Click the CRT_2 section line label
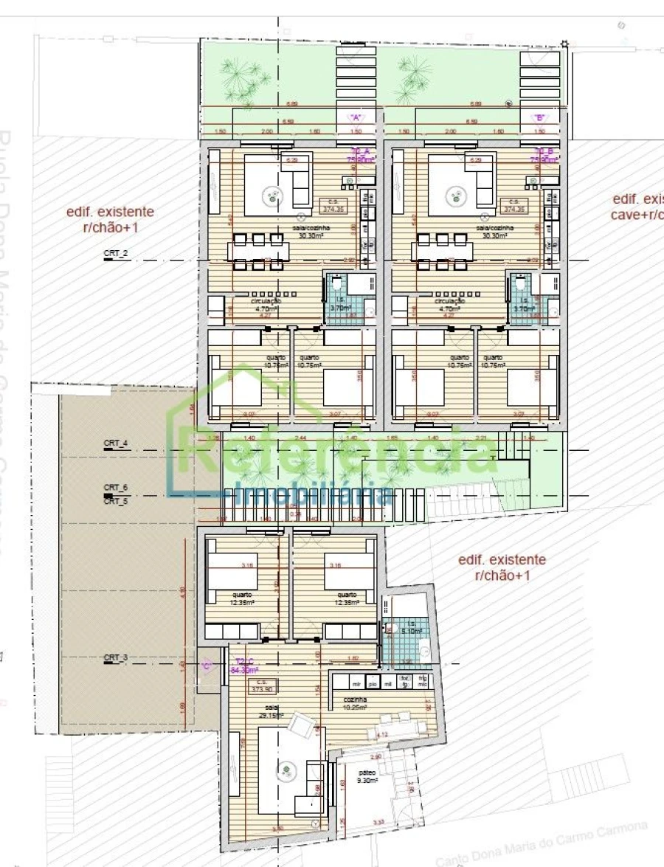pyautogui.click(x=116, y=253)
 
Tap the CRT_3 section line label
pyautogui.click(x=116, y=657)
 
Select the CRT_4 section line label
pyautogui.click(x=116, y=443)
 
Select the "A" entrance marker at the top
pyautogui.click(x=357, y=117)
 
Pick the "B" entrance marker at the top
pyautogui.click(x=539, y=117)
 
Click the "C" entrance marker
pyautogui.click(x=207, y=665)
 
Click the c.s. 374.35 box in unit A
pyautogui.click(x=333, y=205)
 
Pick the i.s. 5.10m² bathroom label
pyautogui.click(x=412, y=628)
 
